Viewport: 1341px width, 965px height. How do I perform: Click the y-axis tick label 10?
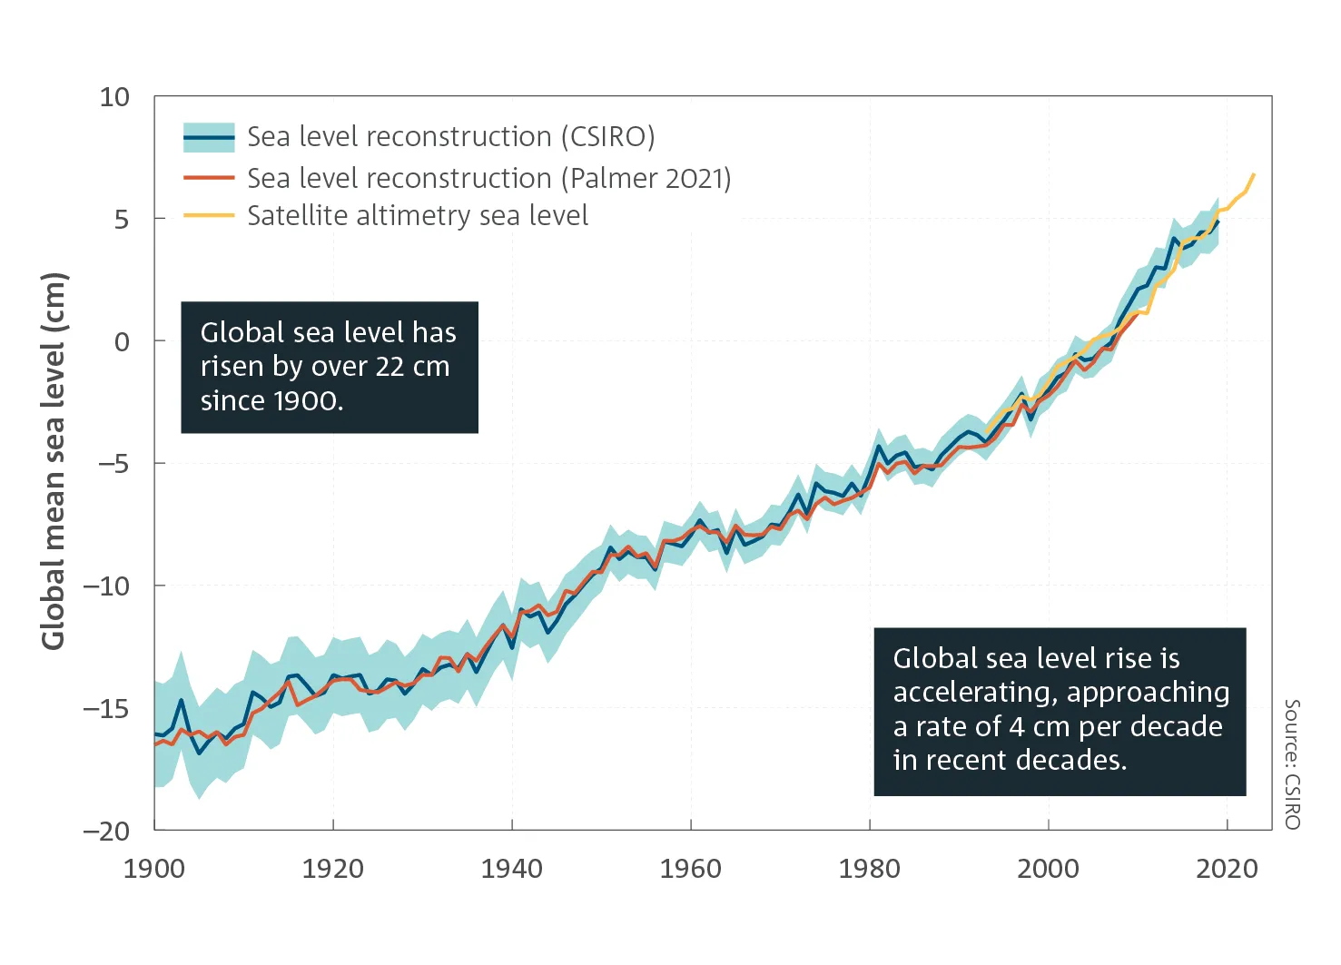tap(114, 97)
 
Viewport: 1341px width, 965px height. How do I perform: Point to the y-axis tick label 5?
tap(122, 220)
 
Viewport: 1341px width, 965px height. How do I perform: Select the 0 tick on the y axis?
tap(122, 342)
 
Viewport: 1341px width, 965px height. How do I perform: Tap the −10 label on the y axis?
tap(106, 586)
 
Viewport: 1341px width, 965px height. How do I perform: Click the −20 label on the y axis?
tap(106, 832)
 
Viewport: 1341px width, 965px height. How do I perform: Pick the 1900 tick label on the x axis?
tap(153, 869)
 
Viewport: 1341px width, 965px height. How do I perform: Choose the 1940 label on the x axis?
tap(511, 869)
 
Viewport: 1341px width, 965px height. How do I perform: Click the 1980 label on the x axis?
tap(869, 869)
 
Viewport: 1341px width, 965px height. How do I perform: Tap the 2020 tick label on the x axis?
tap(1227, 869)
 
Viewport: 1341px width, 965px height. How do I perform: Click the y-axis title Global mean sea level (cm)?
tap(54, 461)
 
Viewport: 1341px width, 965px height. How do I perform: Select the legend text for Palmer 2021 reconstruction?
tap(488, 178)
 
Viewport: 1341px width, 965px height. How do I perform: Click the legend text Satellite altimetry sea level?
tap(418, 216)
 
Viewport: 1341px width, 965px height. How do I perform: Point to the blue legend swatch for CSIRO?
tap(209, 137)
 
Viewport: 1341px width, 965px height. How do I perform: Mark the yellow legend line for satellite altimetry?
tap(209, 216)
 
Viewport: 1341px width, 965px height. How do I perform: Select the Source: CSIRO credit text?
tap(1292, 763)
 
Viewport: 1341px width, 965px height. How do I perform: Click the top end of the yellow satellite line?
tap(1254, 173)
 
